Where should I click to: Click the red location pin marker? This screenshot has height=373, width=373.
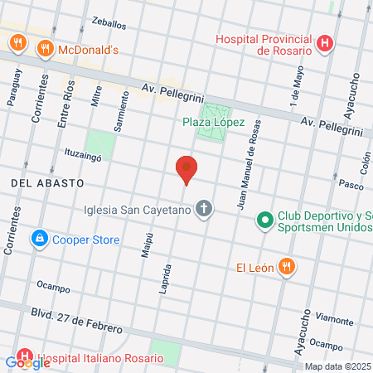(186, 169)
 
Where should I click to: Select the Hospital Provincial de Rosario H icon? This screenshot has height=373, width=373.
(326, 43)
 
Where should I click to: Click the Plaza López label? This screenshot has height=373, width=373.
(213, 122)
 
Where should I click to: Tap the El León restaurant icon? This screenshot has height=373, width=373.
(286, 267)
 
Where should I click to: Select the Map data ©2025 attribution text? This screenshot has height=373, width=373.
(337, 366)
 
